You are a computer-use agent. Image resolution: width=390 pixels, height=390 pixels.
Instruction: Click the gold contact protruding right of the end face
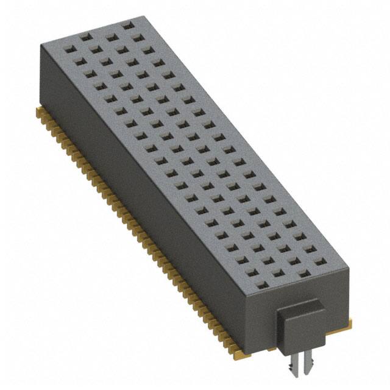[349, 317]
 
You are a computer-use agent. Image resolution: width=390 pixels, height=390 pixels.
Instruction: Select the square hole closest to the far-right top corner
[128, 26]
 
